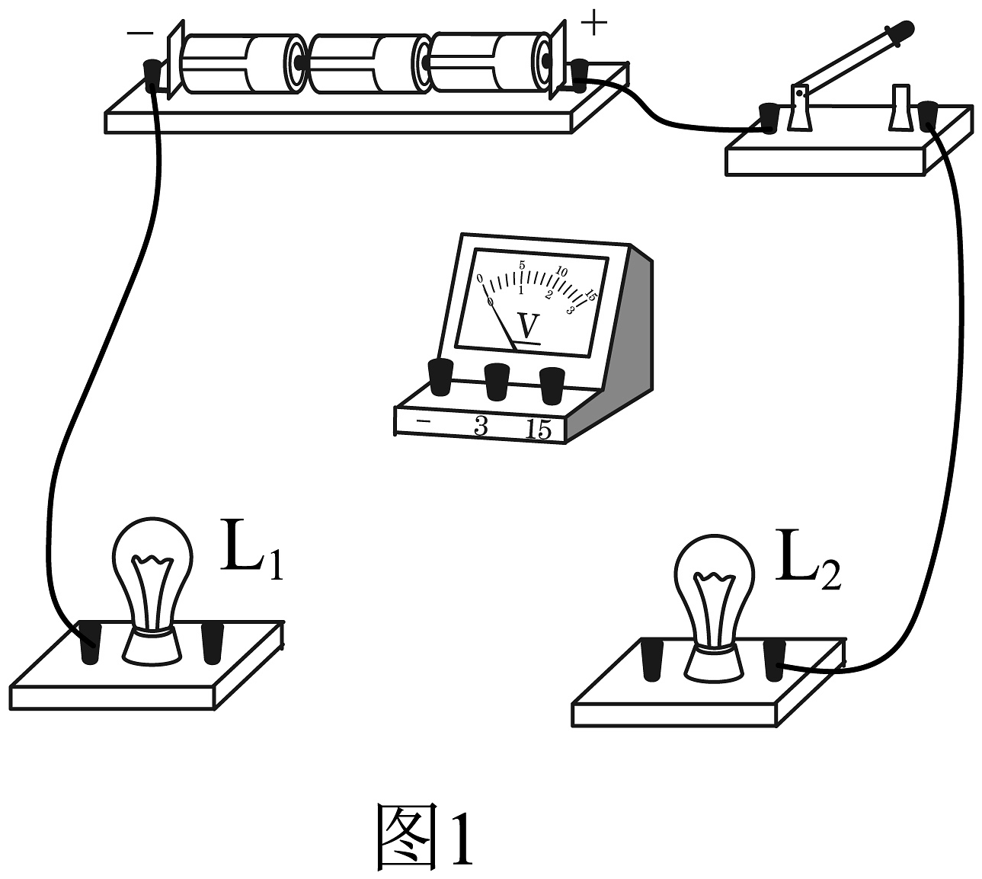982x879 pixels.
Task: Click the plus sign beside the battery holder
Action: coord(593,23)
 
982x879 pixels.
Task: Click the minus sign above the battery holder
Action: coord(140,33)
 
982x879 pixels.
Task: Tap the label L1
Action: coord(251,550)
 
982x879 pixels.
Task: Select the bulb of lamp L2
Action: coord(715,606)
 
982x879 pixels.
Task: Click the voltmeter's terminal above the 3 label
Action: coord(497,382)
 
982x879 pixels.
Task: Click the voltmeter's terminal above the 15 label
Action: coord(552,385)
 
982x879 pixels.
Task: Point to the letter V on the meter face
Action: coord(528,326)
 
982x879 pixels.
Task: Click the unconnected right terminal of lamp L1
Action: coord(213,643)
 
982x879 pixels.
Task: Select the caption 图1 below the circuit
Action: coord(424,842)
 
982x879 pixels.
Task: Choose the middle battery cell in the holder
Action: coord(369,63)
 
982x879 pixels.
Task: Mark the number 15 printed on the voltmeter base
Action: coord(539,430)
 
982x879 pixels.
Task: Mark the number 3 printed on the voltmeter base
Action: coord(481,427)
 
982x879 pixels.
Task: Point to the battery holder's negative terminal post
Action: coord(153,75)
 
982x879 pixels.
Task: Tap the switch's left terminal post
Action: coord(768,118)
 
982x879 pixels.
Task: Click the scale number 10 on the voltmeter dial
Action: coord(561,271)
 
